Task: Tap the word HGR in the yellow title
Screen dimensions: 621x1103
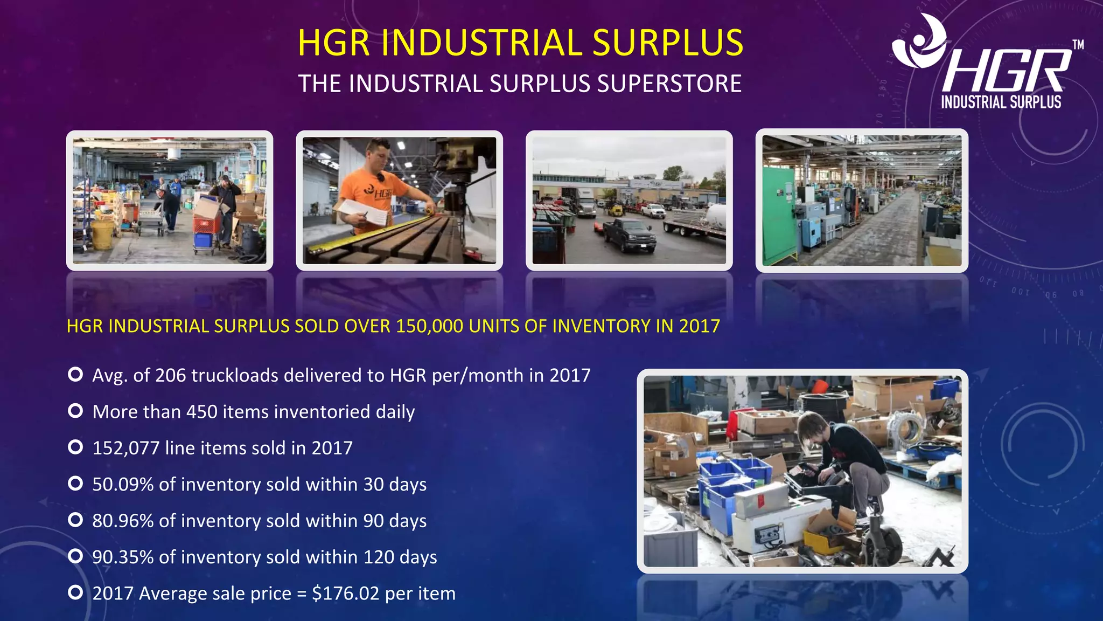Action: (333, 43)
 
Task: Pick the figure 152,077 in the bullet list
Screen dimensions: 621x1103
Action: (126, 448)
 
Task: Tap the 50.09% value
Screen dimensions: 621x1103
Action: (123, 484)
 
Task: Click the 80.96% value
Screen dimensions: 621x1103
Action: (123, 521)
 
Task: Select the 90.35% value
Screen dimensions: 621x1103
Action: (123, 557)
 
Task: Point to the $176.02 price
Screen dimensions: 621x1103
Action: (346, 594)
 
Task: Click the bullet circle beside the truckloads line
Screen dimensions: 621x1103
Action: (75, 374)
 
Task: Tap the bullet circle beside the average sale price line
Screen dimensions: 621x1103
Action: (75, 592)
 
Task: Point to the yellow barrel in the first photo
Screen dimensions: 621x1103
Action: (103, 236)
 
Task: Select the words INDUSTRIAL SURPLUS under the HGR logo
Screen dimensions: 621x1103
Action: (1001, 102)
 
